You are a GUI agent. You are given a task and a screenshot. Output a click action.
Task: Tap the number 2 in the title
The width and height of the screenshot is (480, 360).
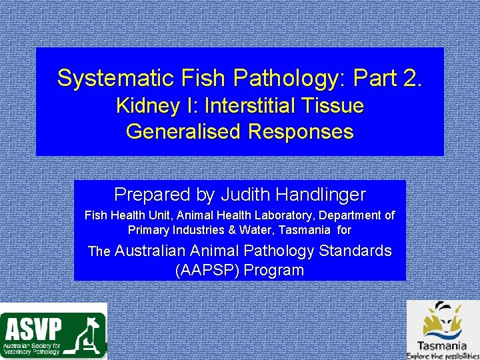click(x=411, y=78)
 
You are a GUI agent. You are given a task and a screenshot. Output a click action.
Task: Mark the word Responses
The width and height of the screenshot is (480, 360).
click(x=301, y=131)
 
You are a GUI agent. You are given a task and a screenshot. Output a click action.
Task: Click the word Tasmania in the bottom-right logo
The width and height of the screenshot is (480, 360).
click(x=441, y=345)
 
